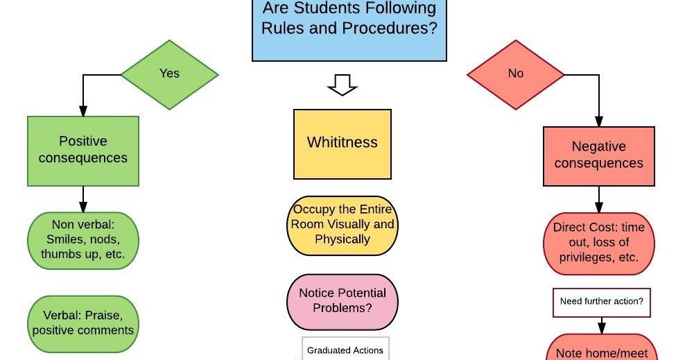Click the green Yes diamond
[169, 74]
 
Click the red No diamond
[515, 74]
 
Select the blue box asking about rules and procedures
[349, 28]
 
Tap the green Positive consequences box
[83, 151]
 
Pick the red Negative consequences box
[598, 156]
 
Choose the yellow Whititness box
[342, 143]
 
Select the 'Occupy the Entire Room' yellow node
[342, 225]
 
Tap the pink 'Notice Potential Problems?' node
[342, 300]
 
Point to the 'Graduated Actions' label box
[345, 349]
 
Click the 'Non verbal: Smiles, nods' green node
[83, 239]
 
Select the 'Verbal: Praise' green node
[83, 323]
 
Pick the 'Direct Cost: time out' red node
[598, 243]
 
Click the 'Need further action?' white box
[601, 302]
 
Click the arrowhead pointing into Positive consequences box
[83, 111]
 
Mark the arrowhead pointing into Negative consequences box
[598, 121]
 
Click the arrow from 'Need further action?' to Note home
[601, 325]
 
